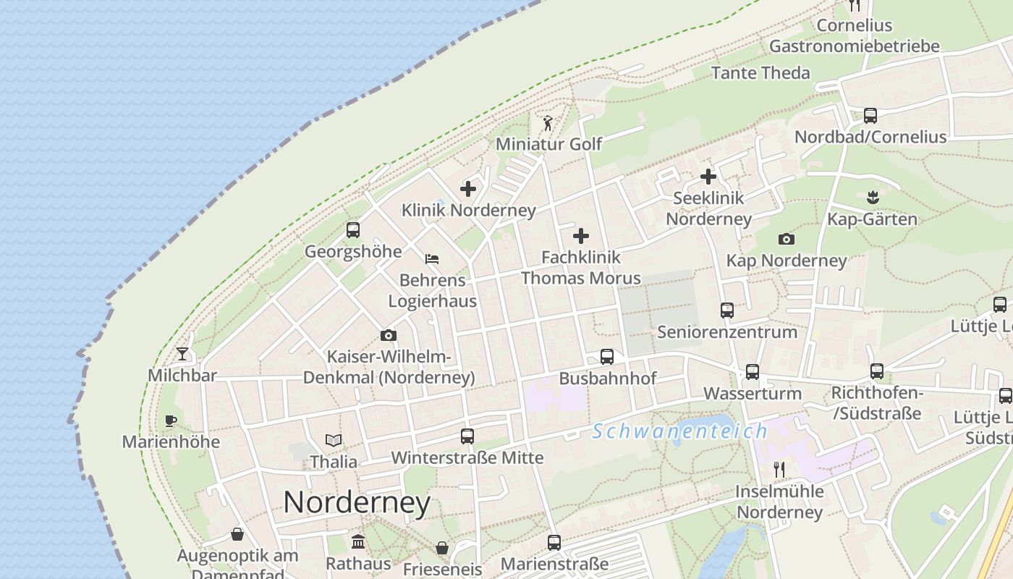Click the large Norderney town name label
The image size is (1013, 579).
[x=357, y=502]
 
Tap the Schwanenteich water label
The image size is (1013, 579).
[x=679, y=431]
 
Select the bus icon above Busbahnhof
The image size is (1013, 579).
[x=607, y=357]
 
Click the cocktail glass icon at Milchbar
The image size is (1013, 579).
[x=182, y=354]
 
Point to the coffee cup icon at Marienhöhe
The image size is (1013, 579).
[x=171, y=420]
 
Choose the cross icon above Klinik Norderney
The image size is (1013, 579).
[x=468, y=189]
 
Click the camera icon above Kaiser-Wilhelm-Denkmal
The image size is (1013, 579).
[x=389, y=336]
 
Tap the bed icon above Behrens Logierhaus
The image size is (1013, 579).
[x=432, y=258]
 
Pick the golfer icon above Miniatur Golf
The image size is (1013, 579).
[x=548, y=123]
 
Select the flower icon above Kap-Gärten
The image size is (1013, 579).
[x=872, y=197]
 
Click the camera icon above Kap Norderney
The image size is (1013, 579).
[x=787, y=239]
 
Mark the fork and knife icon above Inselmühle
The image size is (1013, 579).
[x=779, y=470]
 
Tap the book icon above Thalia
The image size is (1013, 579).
[x=334, y=440]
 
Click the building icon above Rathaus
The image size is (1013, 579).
[x=358, y=542]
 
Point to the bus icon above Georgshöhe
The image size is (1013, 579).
[x=353, y=230]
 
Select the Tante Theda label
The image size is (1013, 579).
[x=760, y=72]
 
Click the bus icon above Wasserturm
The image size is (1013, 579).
[x=753, y=372]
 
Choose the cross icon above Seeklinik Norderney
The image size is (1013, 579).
[x=708, y=177]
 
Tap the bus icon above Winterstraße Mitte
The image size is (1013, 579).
[x=467, y=436]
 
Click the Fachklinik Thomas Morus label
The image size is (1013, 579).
[x=581, y=267]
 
